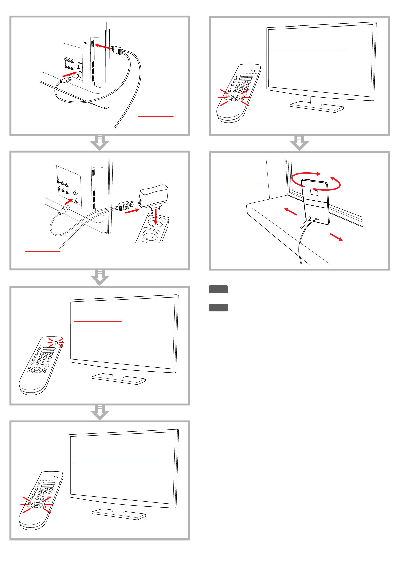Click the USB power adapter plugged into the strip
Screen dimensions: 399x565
[x=153, y=196]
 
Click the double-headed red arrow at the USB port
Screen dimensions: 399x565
[x=103, y=47]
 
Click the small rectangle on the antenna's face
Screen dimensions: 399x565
[x=314, y=192]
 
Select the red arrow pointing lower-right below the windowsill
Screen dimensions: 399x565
[x=336, y=237]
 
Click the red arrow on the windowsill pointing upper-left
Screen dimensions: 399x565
[x=290, y=211]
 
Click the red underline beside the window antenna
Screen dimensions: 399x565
[x=242, y=183]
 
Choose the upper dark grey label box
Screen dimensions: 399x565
[x=218, y=289]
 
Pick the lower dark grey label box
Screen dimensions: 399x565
[x=218, y=307]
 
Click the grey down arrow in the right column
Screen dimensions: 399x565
[x=299, y=143]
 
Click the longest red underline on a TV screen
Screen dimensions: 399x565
[x=117, y=464]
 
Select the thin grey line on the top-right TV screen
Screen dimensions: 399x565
[x=308, y=49]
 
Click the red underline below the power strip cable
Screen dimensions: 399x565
[x=43, y=251]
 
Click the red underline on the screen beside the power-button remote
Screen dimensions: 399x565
[x=97, y=322]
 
